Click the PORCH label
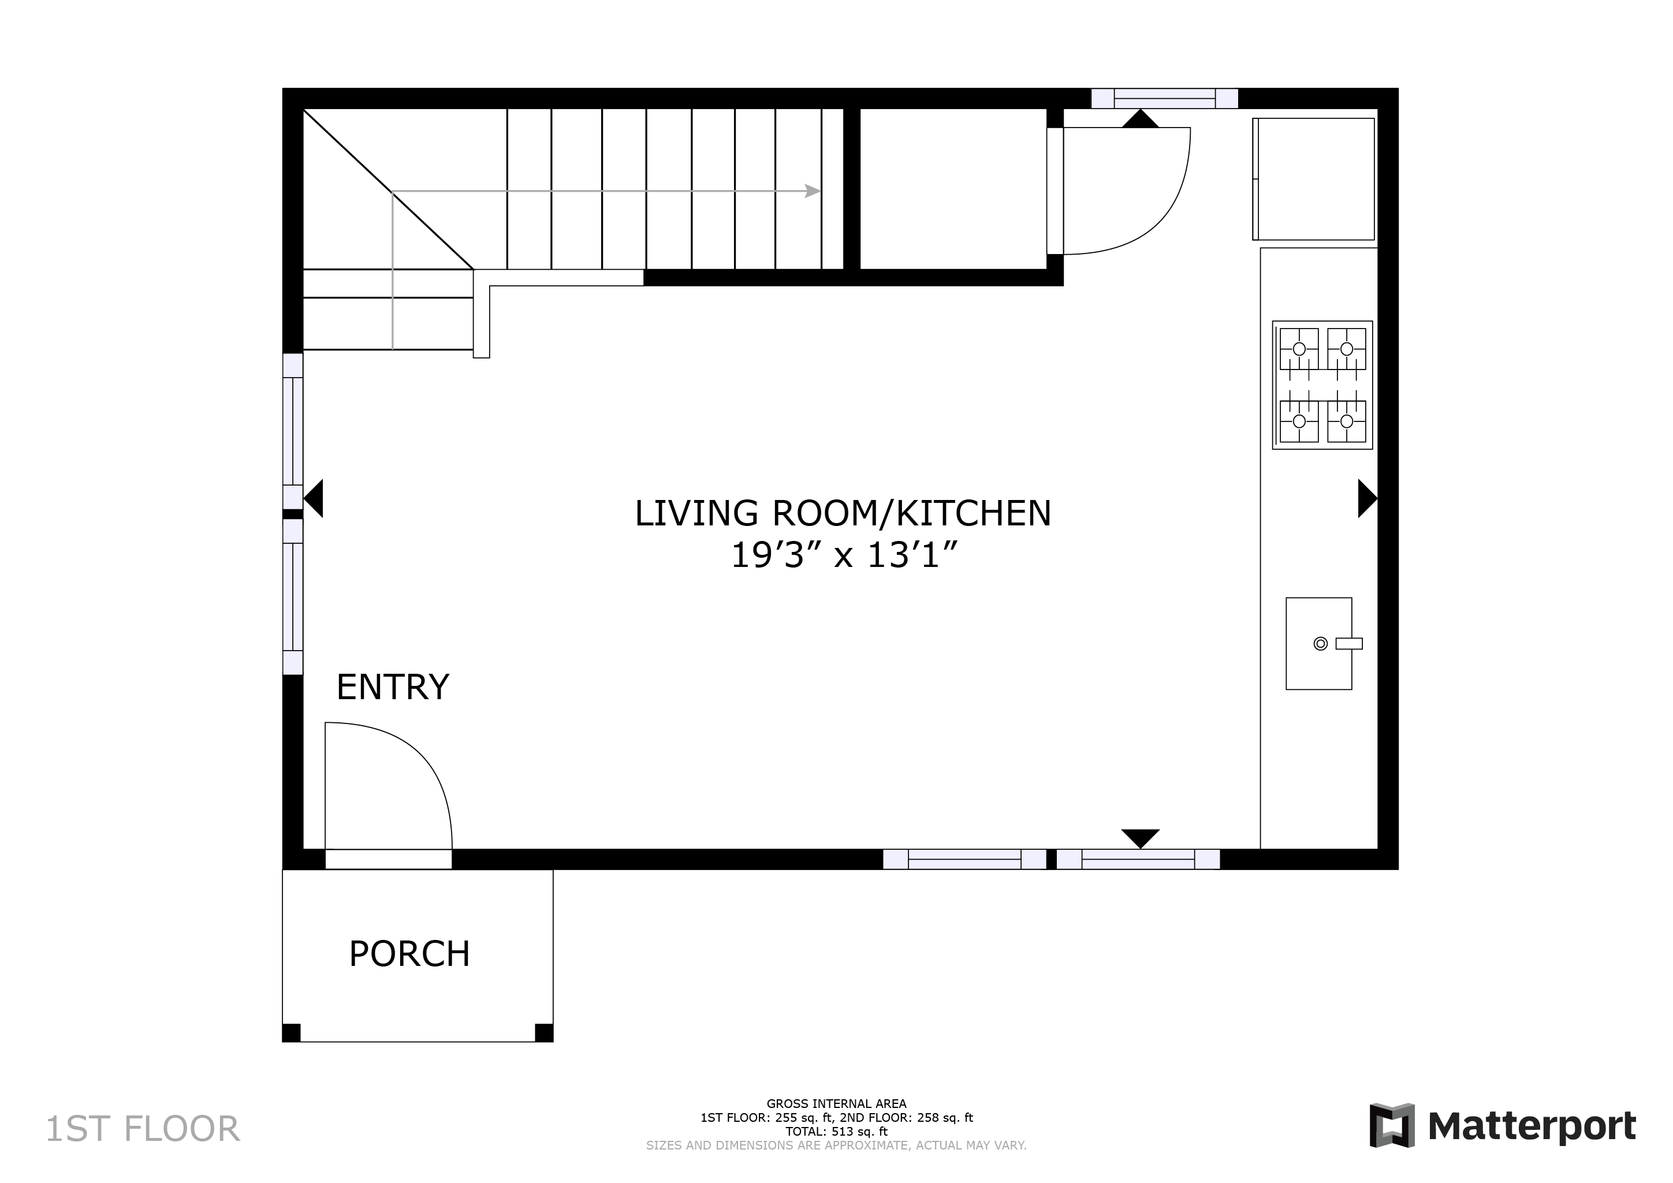pyautogui.click(x=409, y=954)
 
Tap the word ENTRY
pyautogui.click(x=393, y=687)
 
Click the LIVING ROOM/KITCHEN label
pyautogui.click(x=843, y=513)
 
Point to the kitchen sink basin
pyautogui.click(x=1318, y=643)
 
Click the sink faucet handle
pyautogui.click(x=1349, y=643)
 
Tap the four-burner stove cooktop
pyautogui.click(x=1322, y=385)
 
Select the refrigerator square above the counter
pyautogui.click(x=1314, y=179)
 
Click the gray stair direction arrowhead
pyautogui.click(x=813, y=192)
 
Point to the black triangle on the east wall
pyautogui.click(x=1368, y=499)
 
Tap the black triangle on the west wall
pyautogui.click(x=314, y=499)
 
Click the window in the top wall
pyautogui.click(x=1164, y=98)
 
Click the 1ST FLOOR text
pyautogui.click(x=143, y=1129)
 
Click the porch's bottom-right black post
pyautogui.click(x=543, y=1033)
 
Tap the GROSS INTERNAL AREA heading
pyautogui.click(x=836, y=1103)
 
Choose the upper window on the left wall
pyautogui.click(x=293, y=431)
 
